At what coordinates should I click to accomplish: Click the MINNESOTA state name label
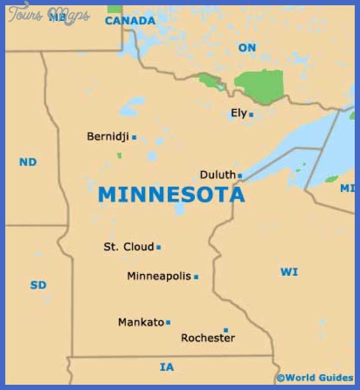(x=172, y=195)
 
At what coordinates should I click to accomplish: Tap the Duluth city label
(x=218, y=175)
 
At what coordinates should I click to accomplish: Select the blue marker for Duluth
(x=240, y=175)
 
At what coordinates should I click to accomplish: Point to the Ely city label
(x=239, y=114)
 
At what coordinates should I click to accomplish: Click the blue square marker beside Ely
(x=251, y=115)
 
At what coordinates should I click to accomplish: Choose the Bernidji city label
(x=108, y=137)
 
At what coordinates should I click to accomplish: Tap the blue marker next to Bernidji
(x=134, y=138)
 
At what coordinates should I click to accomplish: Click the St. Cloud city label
(x=128, y=247)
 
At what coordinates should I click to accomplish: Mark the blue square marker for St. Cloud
(x=159, y=247)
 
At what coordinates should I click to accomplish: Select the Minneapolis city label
(x=159, y=276)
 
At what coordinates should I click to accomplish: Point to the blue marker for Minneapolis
(x=196, y=277)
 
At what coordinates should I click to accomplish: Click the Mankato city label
(x=141, y=322)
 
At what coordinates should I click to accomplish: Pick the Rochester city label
(x=208, y=338)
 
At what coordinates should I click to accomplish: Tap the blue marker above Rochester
(x=226, y=330)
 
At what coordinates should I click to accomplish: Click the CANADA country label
(x=130, y=21)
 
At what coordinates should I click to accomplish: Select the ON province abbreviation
(x=247, y=48)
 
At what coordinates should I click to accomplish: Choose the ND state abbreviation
(x=28, y=162)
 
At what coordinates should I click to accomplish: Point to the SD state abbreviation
(x=38, y=285)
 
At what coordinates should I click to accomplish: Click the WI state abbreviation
(x=289, y=272)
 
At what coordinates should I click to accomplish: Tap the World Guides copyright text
(x=315, y=378)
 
